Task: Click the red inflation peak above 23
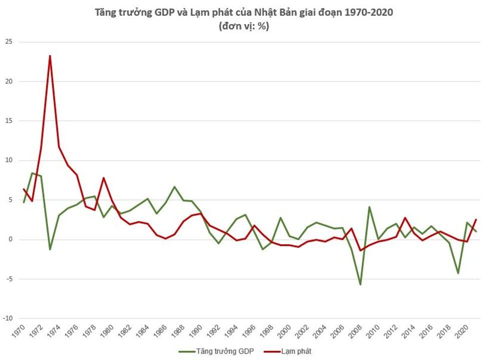point(50,56)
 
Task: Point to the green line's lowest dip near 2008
point(360,284)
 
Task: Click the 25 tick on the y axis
point(9,42)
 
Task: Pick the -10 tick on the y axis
point(8,318)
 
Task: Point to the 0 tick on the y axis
point(10,239)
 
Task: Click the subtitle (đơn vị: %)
point(244,27)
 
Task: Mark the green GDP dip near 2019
point(457,273)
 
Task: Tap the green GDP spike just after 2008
point(369,207)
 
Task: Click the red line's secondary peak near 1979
point(104,178)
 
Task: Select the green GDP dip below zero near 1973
point(50,249)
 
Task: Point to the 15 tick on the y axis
point(9,121)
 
